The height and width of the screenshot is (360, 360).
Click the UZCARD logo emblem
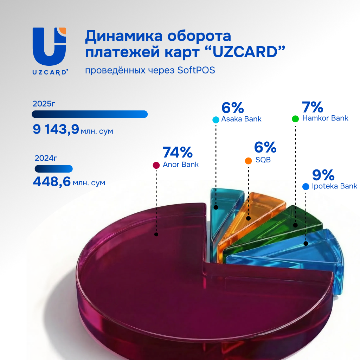click(49, 46)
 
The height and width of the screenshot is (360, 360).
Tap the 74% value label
click(178, 152)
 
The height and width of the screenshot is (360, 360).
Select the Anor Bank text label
click(181, 165)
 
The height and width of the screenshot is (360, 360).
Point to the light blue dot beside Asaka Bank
click(216, 120)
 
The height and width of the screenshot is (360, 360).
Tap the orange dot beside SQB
click(248, 161)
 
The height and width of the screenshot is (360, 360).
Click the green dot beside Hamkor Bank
click(295, 119)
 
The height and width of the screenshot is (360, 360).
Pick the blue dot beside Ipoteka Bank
click(306, 186)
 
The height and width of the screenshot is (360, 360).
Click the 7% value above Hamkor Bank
click(313, 107)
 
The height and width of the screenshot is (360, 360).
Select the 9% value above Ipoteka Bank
click(323, 175)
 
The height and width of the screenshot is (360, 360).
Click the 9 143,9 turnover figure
click(56, 130)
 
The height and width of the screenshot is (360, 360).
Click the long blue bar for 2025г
click(90, 114)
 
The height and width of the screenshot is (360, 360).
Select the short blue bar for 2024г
click(53, 169)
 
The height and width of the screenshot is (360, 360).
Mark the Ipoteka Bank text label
click(334, 186)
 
